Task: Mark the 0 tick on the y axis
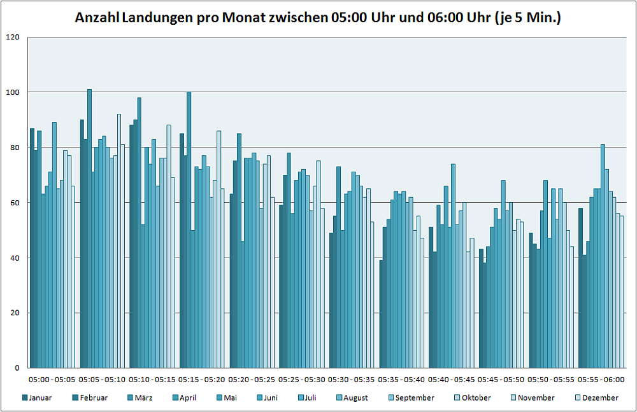[18, 368]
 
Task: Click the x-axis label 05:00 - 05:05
[52, 380]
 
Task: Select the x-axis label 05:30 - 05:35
[352, 380]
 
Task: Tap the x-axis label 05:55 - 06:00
[601, 380]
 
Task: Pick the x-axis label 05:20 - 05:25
[252, 380]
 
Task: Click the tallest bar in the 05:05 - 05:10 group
[90, 229]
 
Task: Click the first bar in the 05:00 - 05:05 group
[32, 248]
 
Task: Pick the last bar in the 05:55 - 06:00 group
[622, 292]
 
